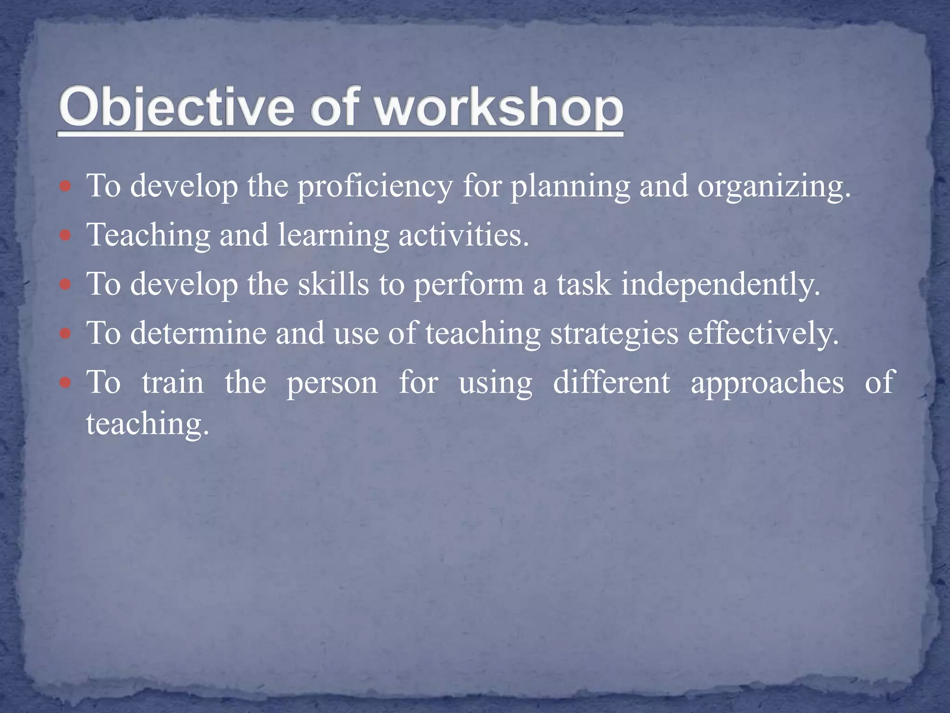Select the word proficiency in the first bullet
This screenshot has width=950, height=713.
[375, 187]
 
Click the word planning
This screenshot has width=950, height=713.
[570, 187]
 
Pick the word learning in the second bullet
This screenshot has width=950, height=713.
[333, 235]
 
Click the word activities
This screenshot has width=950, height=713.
[463, 235]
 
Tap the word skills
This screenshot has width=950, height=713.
[333, 284]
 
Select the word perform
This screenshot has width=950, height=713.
[469, 285]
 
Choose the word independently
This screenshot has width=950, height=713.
[720, 284]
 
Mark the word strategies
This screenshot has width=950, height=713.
[614, 334]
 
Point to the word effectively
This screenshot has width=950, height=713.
[763, 333]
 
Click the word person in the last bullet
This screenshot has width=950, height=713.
[332, 383]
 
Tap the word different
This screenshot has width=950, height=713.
[611, 382]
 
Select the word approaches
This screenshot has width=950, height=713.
[767, 383]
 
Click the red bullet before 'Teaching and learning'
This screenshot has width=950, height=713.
[66, 236]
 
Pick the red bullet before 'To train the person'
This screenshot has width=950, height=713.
[66, 383]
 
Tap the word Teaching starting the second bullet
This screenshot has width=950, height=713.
[148, 235]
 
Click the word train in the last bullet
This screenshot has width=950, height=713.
[173, 382]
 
